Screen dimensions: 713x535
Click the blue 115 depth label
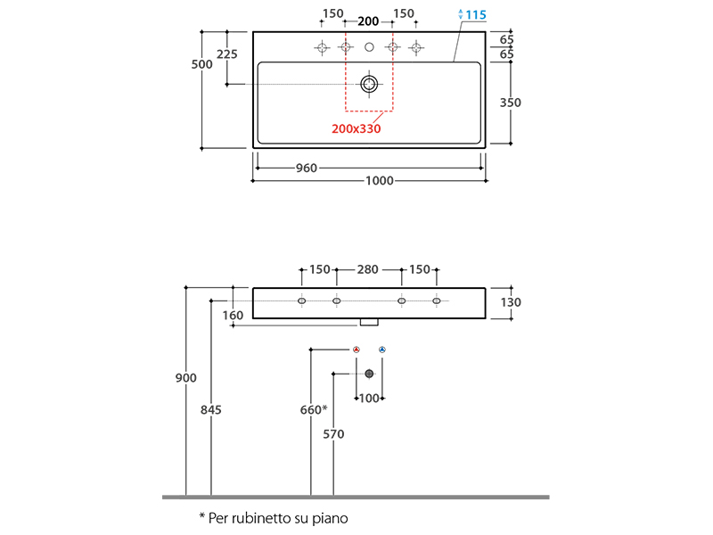tap(476, 15)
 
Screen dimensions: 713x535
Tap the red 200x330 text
tap(356, 128)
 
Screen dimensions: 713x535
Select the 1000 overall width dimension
tap(380, 181)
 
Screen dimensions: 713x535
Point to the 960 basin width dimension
tap(306, 169)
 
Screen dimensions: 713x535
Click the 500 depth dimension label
tap(201, 64)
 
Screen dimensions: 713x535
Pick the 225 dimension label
tap(227, 54)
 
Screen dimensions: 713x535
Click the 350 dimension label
tap(510, 103)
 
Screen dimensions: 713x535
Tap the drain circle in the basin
tap(369, 84)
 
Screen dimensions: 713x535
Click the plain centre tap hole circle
tap(369, 47)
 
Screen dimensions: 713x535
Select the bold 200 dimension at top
tap(368, 21)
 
